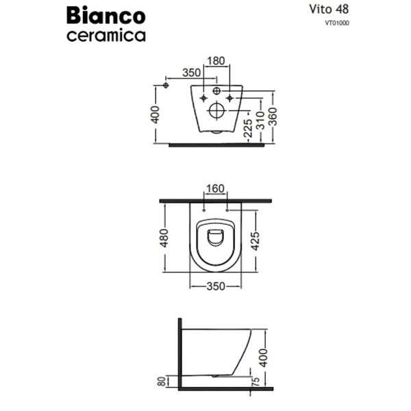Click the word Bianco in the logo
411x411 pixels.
[106, 16]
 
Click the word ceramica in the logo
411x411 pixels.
[106, 36]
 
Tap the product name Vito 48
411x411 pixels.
[329, 10]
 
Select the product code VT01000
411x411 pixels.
[337, 23]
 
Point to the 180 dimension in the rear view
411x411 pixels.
[216, 61]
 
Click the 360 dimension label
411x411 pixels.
[273, 116]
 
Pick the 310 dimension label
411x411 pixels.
[260, 121]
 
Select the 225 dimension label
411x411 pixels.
[248, 128]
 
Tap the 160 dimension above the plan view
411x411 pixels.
[216, 189]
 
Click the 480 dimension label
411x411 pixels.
[164, 238]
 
